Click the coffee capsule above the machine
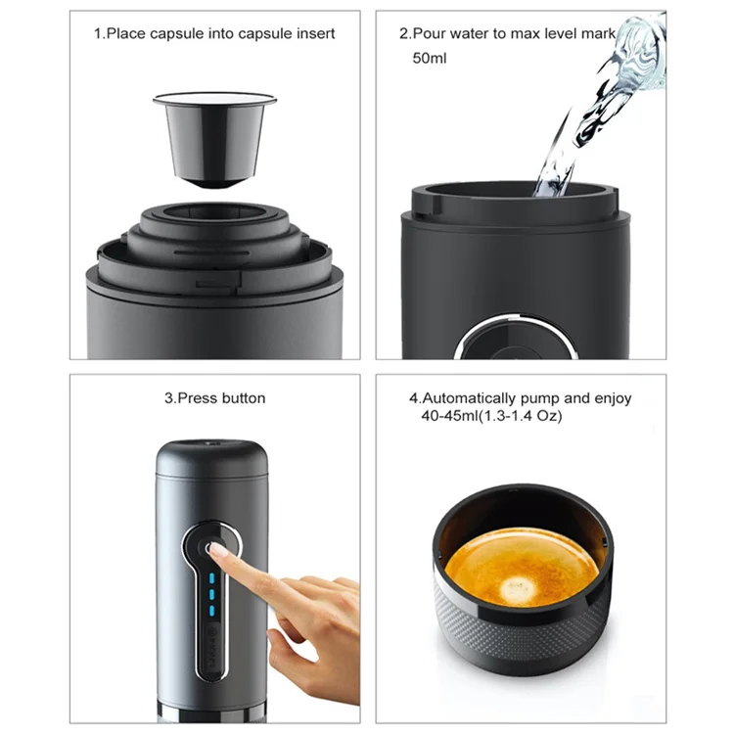214,137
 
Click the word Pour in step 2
433,33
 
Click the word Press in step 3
194,398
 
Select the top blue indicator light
209,575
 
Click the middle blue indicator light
209,593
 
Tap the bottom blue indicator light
209,611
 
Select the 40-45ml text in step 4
441,416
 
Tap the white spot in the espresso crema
515,589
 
